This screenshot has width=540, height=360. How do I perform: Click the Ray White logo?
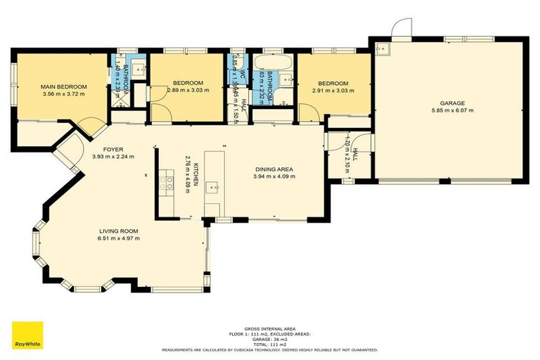[x=27, y=335]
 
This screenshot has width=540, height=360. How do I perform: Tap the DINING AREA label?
[x=274, y=169]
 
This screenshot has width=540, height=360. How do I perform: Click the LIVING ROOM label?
[x=118, y=231]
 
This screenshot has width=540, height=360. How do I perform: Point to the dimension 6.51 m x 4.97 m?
[x=118, y=238]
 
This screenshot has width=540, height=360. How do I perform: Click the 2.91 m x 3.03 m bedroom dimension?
[x=333, y=90]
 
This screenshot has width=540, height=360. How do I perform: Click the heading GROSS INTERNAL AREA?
[x=269, y=328]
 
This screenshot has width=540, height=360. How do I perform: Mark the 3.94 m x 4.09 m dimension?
[x=274, y=177]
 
